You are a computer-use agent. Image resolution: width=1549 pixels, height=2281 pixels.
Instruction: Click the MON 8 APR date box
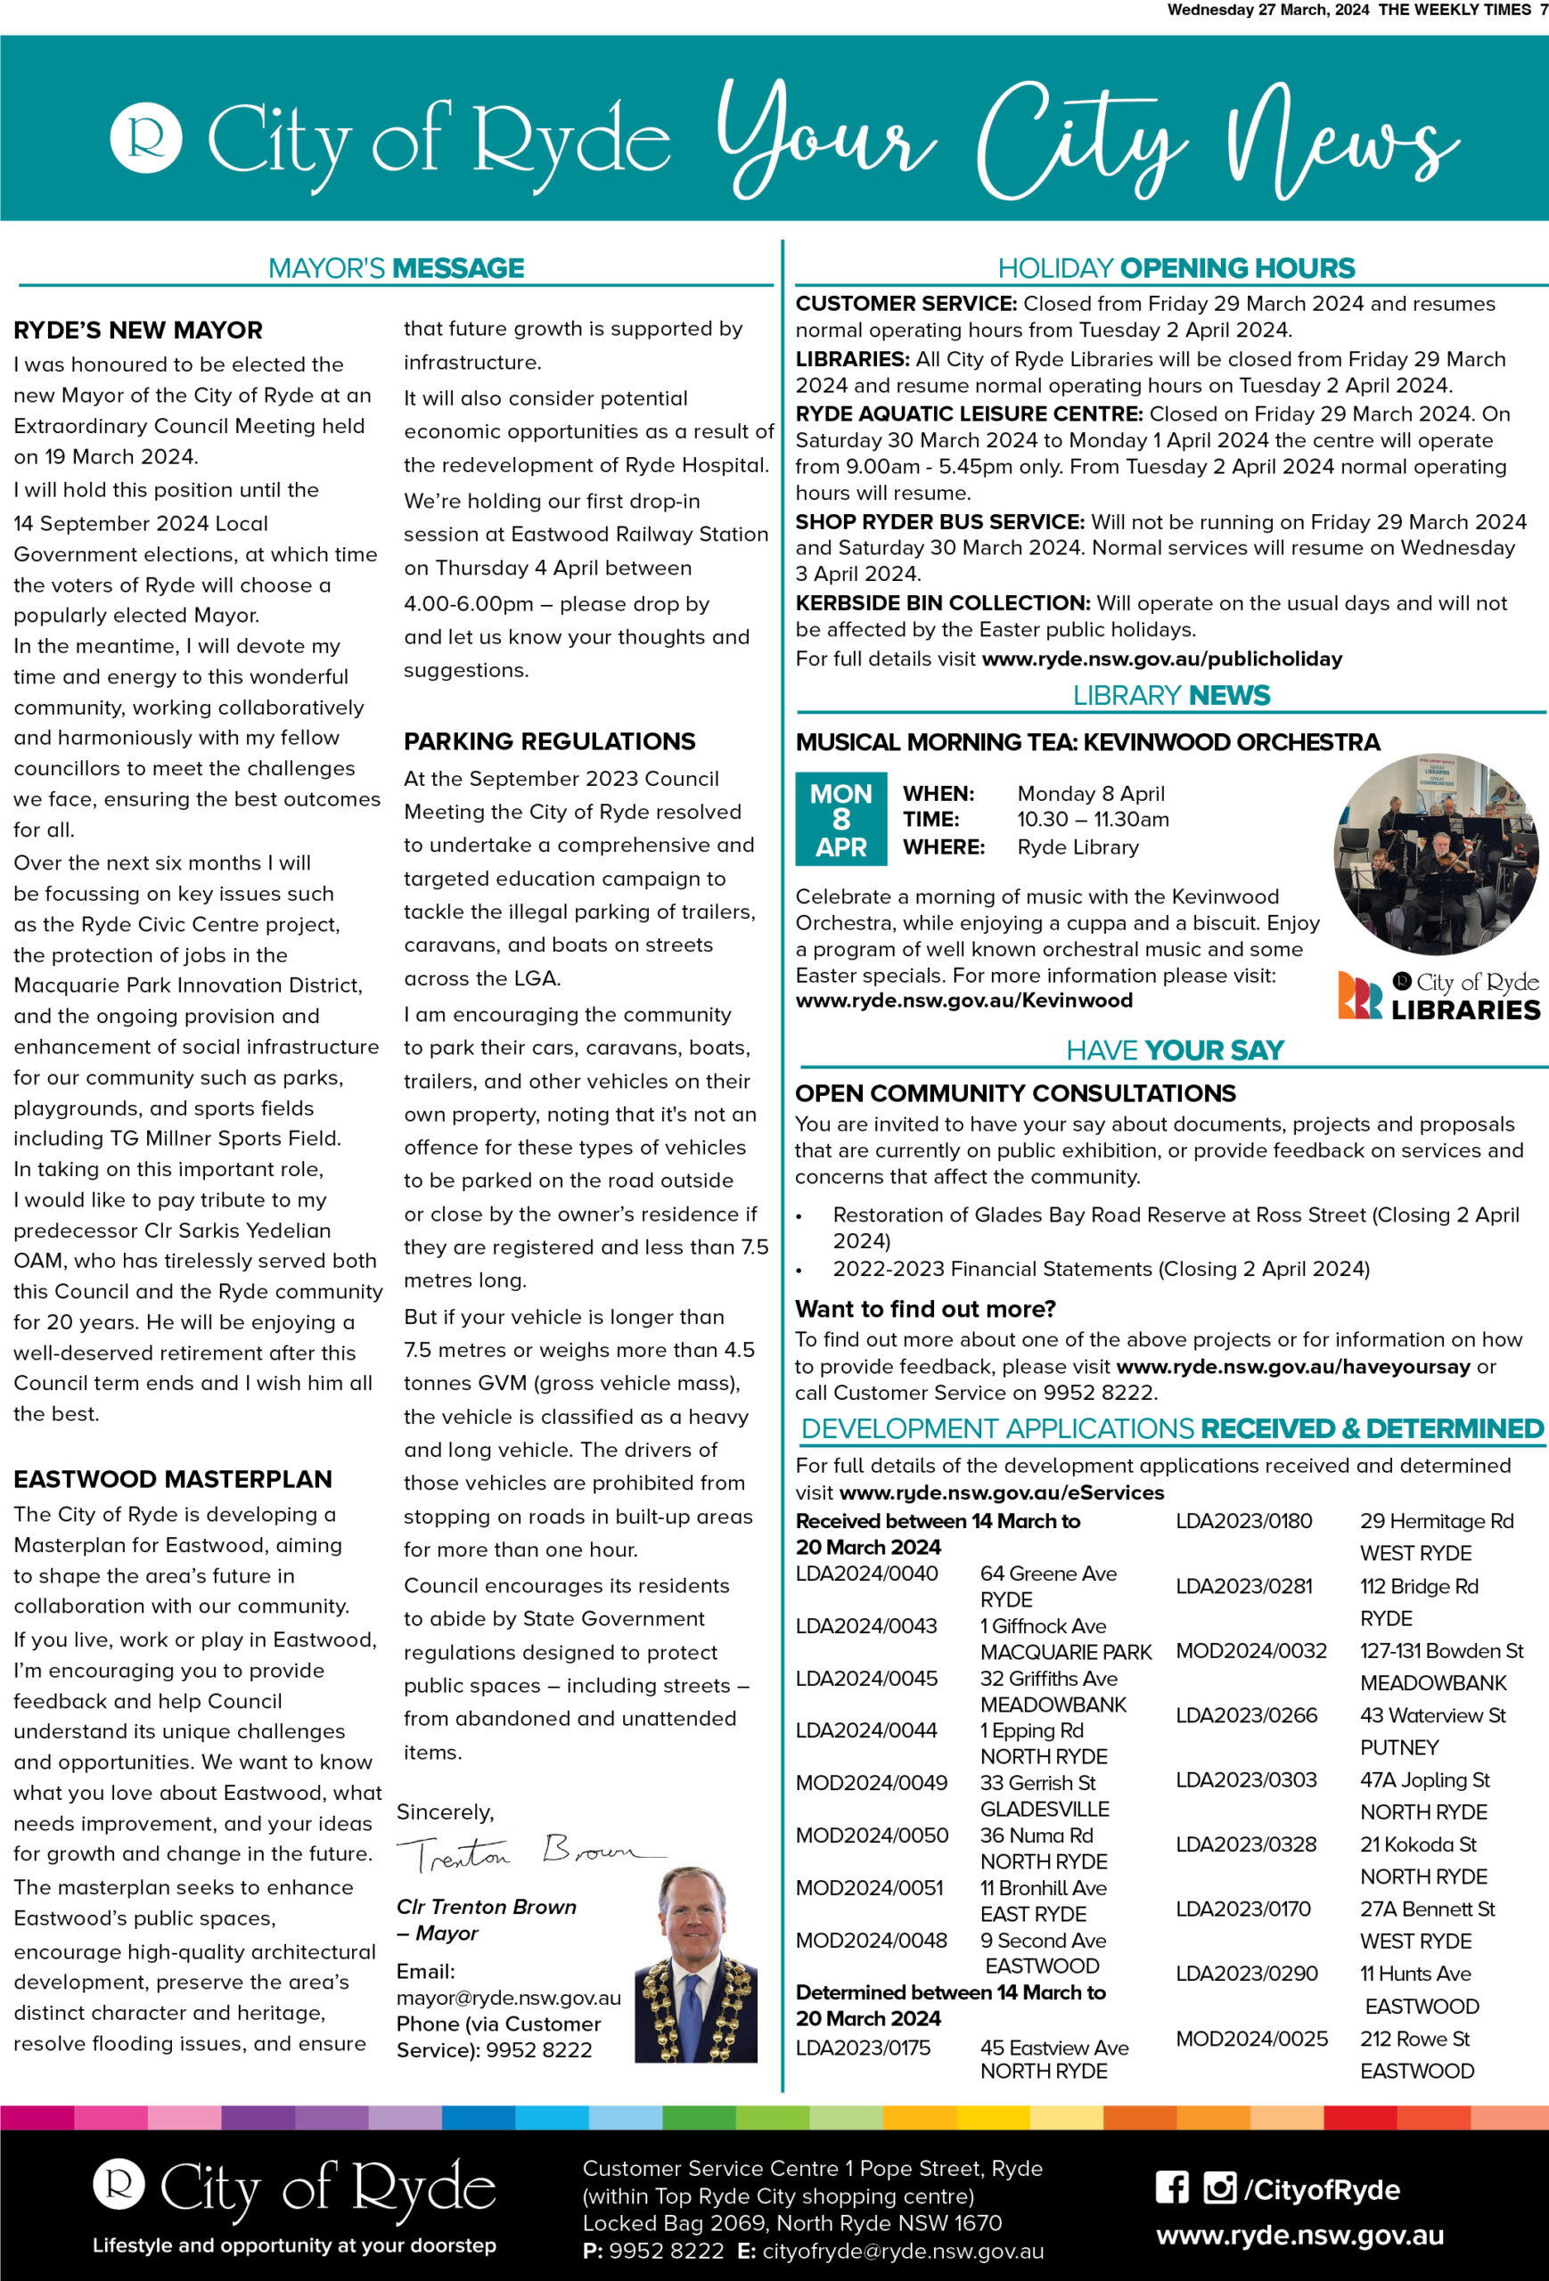click(840, 819)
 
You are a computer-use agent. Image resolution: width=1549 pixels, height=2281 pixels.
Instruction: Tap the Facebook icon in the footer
click(1171, 2187)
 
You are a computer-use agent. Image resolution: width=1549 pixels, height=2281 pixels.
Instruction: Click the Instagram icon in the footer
click(1219, 2187)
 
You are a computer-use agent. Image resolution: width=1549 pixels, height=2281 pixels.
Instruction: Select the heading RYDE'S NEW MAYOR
click(138, 330)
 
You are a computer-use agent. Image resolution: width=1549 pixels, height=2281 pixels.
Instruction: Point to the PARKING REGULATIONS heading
click(550, 741)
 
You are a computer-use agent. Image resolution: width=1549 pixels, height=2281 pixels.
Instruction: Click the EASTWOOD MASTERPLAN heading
click(173, 1479)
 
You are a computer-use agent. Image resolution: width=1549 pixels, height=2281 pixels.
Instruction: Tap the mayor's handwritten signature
click(530, 1853)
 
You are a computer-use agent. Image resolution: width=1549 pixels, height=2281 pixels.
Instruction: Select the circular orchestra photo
click(1435, 854)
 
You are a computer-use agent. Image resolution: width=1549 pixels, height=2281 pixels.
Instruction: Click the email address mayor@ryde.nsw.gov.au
click(509, 1998)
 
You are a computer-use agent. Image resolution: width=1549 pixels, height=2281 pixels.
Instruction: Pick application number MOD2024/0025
click(1251, 2039)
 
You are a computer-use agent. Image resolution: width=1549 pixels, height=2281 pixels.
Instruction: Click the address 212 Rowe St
click(1414, 2039)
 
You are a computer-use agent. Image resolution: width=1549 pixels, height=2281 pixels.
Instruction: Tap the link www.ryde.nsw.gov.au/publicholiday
click(1161, 658)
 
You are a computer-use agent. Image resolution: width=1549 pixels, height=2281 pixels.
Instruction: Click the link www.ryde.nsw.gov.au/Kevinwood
click(964, 1000)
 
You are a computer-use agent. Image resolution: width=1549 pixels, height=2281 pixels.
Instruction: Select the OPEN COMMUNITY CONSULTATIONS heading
click(1015, 1093)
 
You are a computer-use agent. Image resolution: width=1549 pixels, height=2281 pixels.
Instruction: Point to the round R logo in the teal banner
click(146, 137)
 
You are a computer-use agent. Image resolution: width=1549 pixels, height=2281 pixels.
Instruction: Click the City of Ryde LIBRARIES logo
click(1439, 996)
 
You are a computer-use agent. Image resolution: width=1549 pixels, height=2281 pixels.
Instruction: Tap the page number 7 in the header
click(1543, 10)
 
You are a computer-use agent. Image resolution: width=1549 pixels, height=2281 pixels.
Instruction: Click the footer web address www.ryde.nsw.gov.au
click(1299, 2236)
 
